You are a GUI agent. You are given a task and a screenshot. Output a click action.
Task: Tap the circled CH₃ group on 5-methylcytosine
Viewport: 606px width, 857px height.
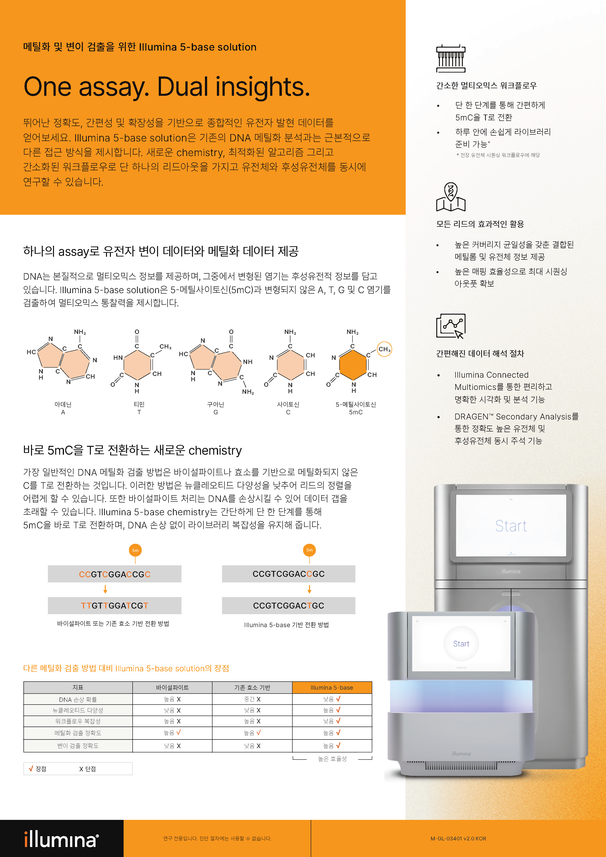click(x=384, y=349)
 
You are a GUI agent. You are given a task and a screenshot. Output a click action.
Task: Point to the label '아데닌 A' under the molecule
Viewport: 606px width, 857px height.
click(x=63, y=408)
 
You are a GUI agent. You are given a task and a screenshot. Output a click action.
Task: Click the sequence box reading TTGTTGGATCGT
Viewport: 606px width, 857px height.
click(x=115, y=605)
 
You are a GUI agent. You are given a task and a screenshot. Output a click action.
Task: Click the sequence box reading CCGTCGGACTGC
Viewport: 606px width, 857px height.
click(x=288, y=605)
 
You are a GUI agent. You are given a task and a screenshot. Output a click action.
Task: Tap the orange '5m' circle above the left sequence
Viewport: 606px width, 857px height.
click(x=135, y=550)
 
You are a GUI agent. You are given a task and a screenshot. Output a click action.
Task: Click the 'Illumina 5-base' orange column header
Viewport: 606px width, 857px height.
click(x=332, y=687)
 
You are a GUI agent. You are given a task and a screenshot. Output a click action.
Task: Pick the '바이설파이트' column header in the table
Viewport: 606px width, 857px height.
click(x=172, y=687)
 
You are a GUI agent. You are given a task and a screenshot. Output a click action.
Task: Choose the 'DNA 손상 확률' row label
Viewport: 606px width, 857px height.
click(x=78, y=699)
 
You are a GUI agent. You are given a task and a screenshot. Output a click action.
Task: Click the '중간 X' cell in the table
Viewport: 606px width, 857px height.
click(x=252, y=699)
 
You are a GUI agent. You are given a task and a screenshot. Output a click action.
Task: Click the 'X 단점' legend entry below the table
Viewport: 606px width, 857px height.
click(x=88, y=769)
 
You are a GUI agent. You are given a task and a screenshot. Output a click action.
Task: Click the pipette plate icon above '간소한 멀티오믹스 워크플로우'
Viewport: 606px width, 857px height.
click(x=451, y=59)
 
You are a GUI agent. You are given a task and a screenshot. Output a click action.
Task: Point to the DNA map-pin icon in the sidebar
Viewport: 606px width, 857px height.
click(x=451, y=197)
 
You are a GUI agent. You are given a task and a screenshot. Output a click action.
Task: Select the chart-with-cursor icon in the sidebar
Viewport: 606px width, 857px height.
click(x=451, y=326)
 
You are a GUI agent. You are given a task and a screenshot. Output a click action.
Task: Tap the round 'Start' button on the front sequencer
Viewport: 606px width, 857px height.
click(x=461, y=643)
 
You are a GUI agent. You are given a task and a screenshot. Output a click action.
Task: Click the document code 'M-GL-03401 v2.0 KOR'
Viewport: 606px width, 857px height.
click(x=458, y=838)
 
